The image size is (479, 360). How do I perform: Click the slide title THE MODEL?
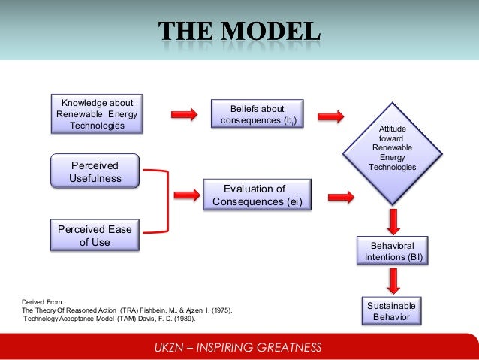(x=239, y=32)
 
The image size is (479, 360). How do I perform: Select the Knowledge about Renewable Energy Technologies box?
(x=97, y=113)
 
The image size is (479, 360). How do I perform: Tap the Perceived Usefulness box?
(x=95, y=171)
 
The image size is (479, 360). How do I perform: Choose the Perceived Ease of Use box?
(x=95, y=234)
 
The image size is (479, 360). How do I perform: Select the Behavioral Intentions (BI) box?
(x=393, y=251)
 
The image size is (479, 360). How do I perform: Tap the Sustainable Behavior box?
(x=391, y=311)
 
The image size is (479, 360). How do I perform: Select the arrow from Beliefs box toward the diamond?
(x=330, y=116)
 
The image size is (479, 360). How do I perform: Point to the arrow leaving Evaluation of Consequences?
(x=341, y=197)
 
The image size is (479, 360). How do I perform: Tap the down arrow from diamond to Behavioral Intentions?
(x=393, y=220)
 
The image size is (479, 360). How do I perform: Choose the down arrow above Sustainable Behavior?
(x=393, y=280)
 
